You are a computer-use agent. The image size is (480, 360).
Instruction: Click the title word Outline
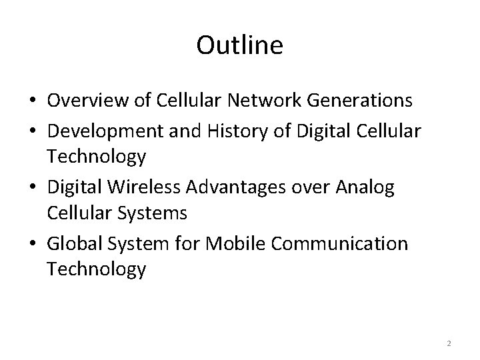240,45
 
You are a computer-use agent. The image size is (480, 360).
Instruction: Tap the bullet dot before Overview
32,101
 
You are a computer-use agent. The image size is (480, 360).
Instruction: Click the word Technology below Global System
96,269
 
